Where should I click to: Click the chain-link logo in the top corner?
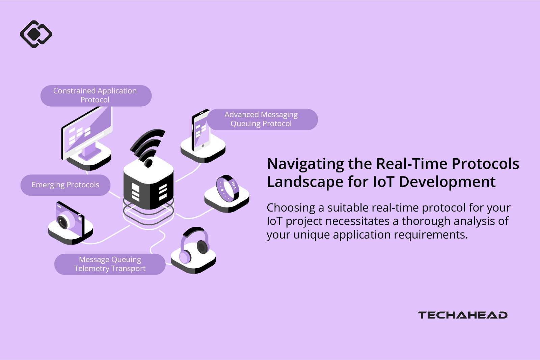coord(36,34)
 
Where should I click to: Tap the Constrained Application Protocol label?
coord(96,95)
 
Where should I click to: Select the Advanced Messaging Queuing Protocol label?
coord(262,119)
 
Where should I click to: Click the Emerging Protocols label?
coord(65,185)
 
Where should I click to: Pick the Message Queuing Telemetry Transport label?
coord(110,264)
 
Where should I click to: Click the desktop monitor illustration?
coord(87,133)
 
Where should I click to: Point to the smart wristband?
coord(228,188)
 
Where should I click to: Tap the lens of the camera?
coord(63,222)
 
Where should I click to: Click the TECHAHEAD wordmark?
coord(463,315)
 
